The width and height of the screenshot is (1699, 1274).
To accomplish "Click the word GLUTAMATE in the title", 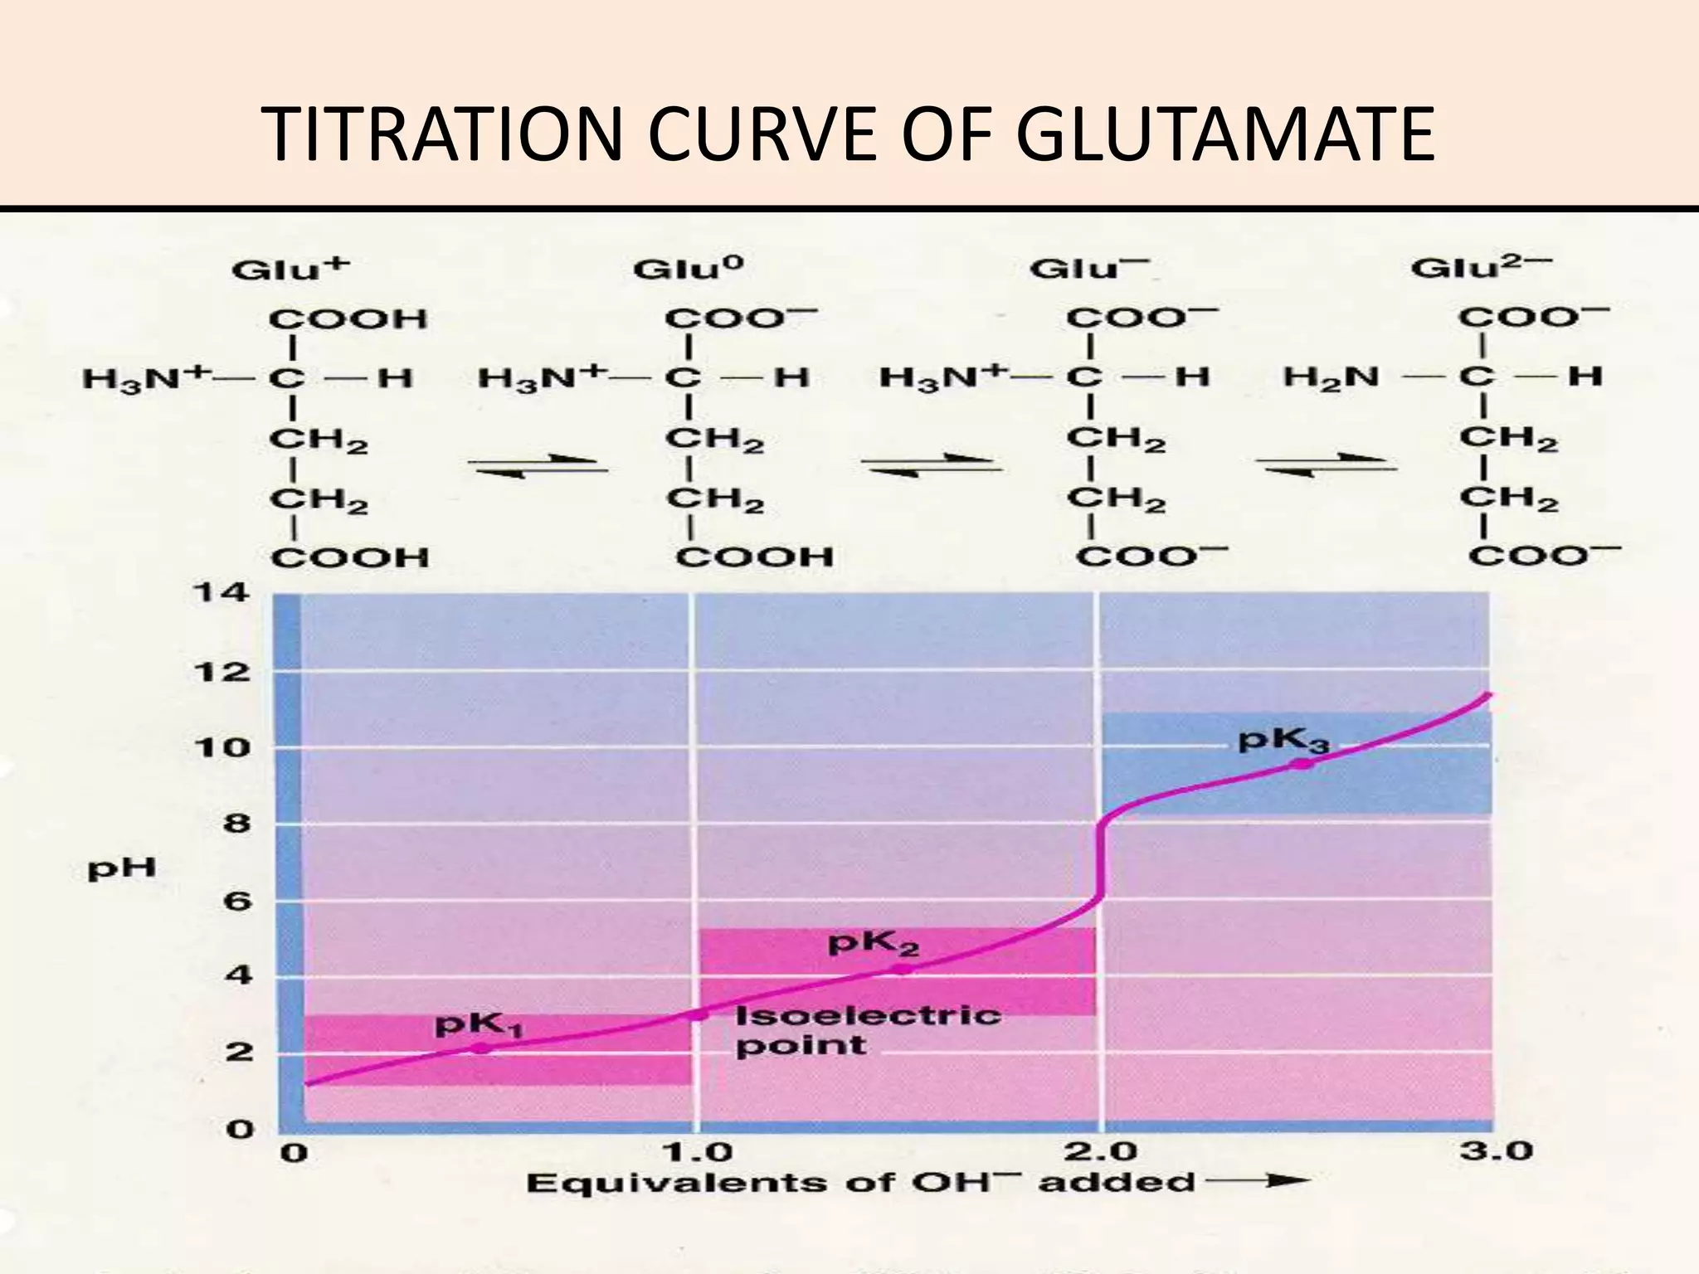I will pyautogui.click(x=1225, y=134).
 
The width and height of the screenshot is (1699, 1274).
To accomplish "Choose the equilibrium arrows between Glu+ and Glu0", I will pyautogui.click(x=537, y=466).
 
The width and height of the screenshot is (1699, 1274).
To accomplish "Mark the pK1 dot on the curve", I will pyautogui.click(x=480, y=1048).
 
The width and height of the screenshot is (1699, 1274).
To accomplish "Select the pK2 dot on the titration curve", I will pyautogui.click(x=903, y=969).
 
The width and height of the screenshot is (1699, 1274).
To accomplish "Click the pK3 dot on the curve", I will pyautogui.click(x=1302, y=763).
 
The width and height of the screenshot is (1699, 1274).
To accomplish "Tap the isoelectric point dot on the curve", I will pyautogui.click(x=699, y=1014).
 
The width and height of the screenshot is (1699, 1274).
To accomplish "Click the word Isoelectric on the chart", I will pyautogui.click(x=868, y=1015).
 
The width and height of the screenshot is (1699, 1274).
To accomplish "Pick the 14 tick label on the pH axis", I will pyautogui.click(x=220, y=594).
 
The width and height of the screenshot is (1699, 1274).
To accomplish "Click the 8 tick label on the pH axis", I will pyautogui.click(x=236, y=824).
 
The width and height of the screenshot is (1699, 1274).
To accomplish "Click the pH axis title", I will pyautogui.click(x=122, y=869).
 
